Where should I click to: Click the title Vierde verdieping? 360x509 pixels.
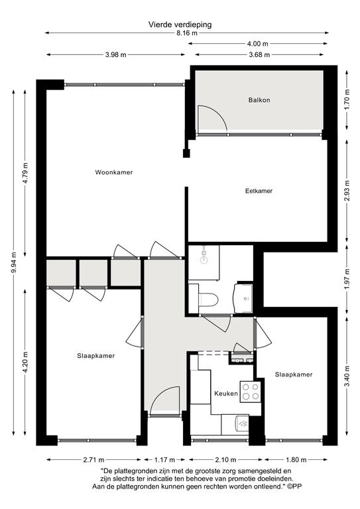click(x=180, y=25)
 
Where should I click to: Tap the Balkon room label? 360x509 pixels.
click(x=259, y=100)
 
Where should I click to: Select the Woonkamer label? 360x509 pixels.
click(x=113, y=172)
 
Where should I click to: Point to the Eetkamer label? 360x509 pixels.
click(x=259, y=191)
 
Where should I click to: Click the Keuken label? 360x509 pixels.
click(x=226, y=394)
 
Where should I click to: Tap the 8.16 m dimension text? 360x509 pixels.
click(x=187, y=33)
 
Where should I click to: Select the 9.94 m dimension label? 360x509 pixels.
click(x=13, y=263)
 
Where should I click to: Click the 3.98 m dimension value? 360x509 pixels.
click(x=115, y=55)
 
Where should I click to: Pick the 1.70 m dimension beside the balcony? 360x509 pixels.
click(x=347, y=99)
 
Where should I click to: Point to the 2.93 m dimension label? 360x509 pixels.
click(x=347, y=191)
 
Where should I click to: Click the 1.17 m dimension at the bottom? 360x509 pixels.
click(x=164, y=460)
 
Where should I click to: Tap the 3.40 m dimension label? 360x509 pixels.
click(x=347, y=376)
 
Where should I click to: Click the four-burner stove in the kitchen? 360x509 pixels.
click(x=251, y=392)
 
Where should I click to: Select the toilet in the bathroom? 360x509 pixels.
click(x=207, y=300)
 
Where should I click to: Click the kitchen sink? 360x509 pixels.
click(x=242, y=424)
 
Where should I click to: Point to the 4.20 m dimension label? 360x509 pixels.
click(x=25, y=363)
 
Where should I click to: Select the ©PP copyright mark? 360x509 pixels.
click(x=295, y=486)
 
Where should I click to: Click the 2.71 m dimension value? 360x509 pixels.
click(x=94, y=460)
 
